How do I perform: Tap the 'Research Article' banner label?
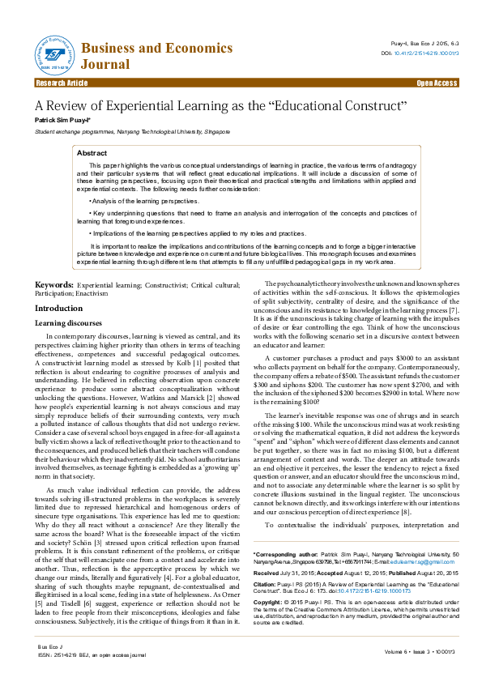tap(62, 83)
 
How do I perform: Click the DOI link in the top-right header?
tap(428, 53)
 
